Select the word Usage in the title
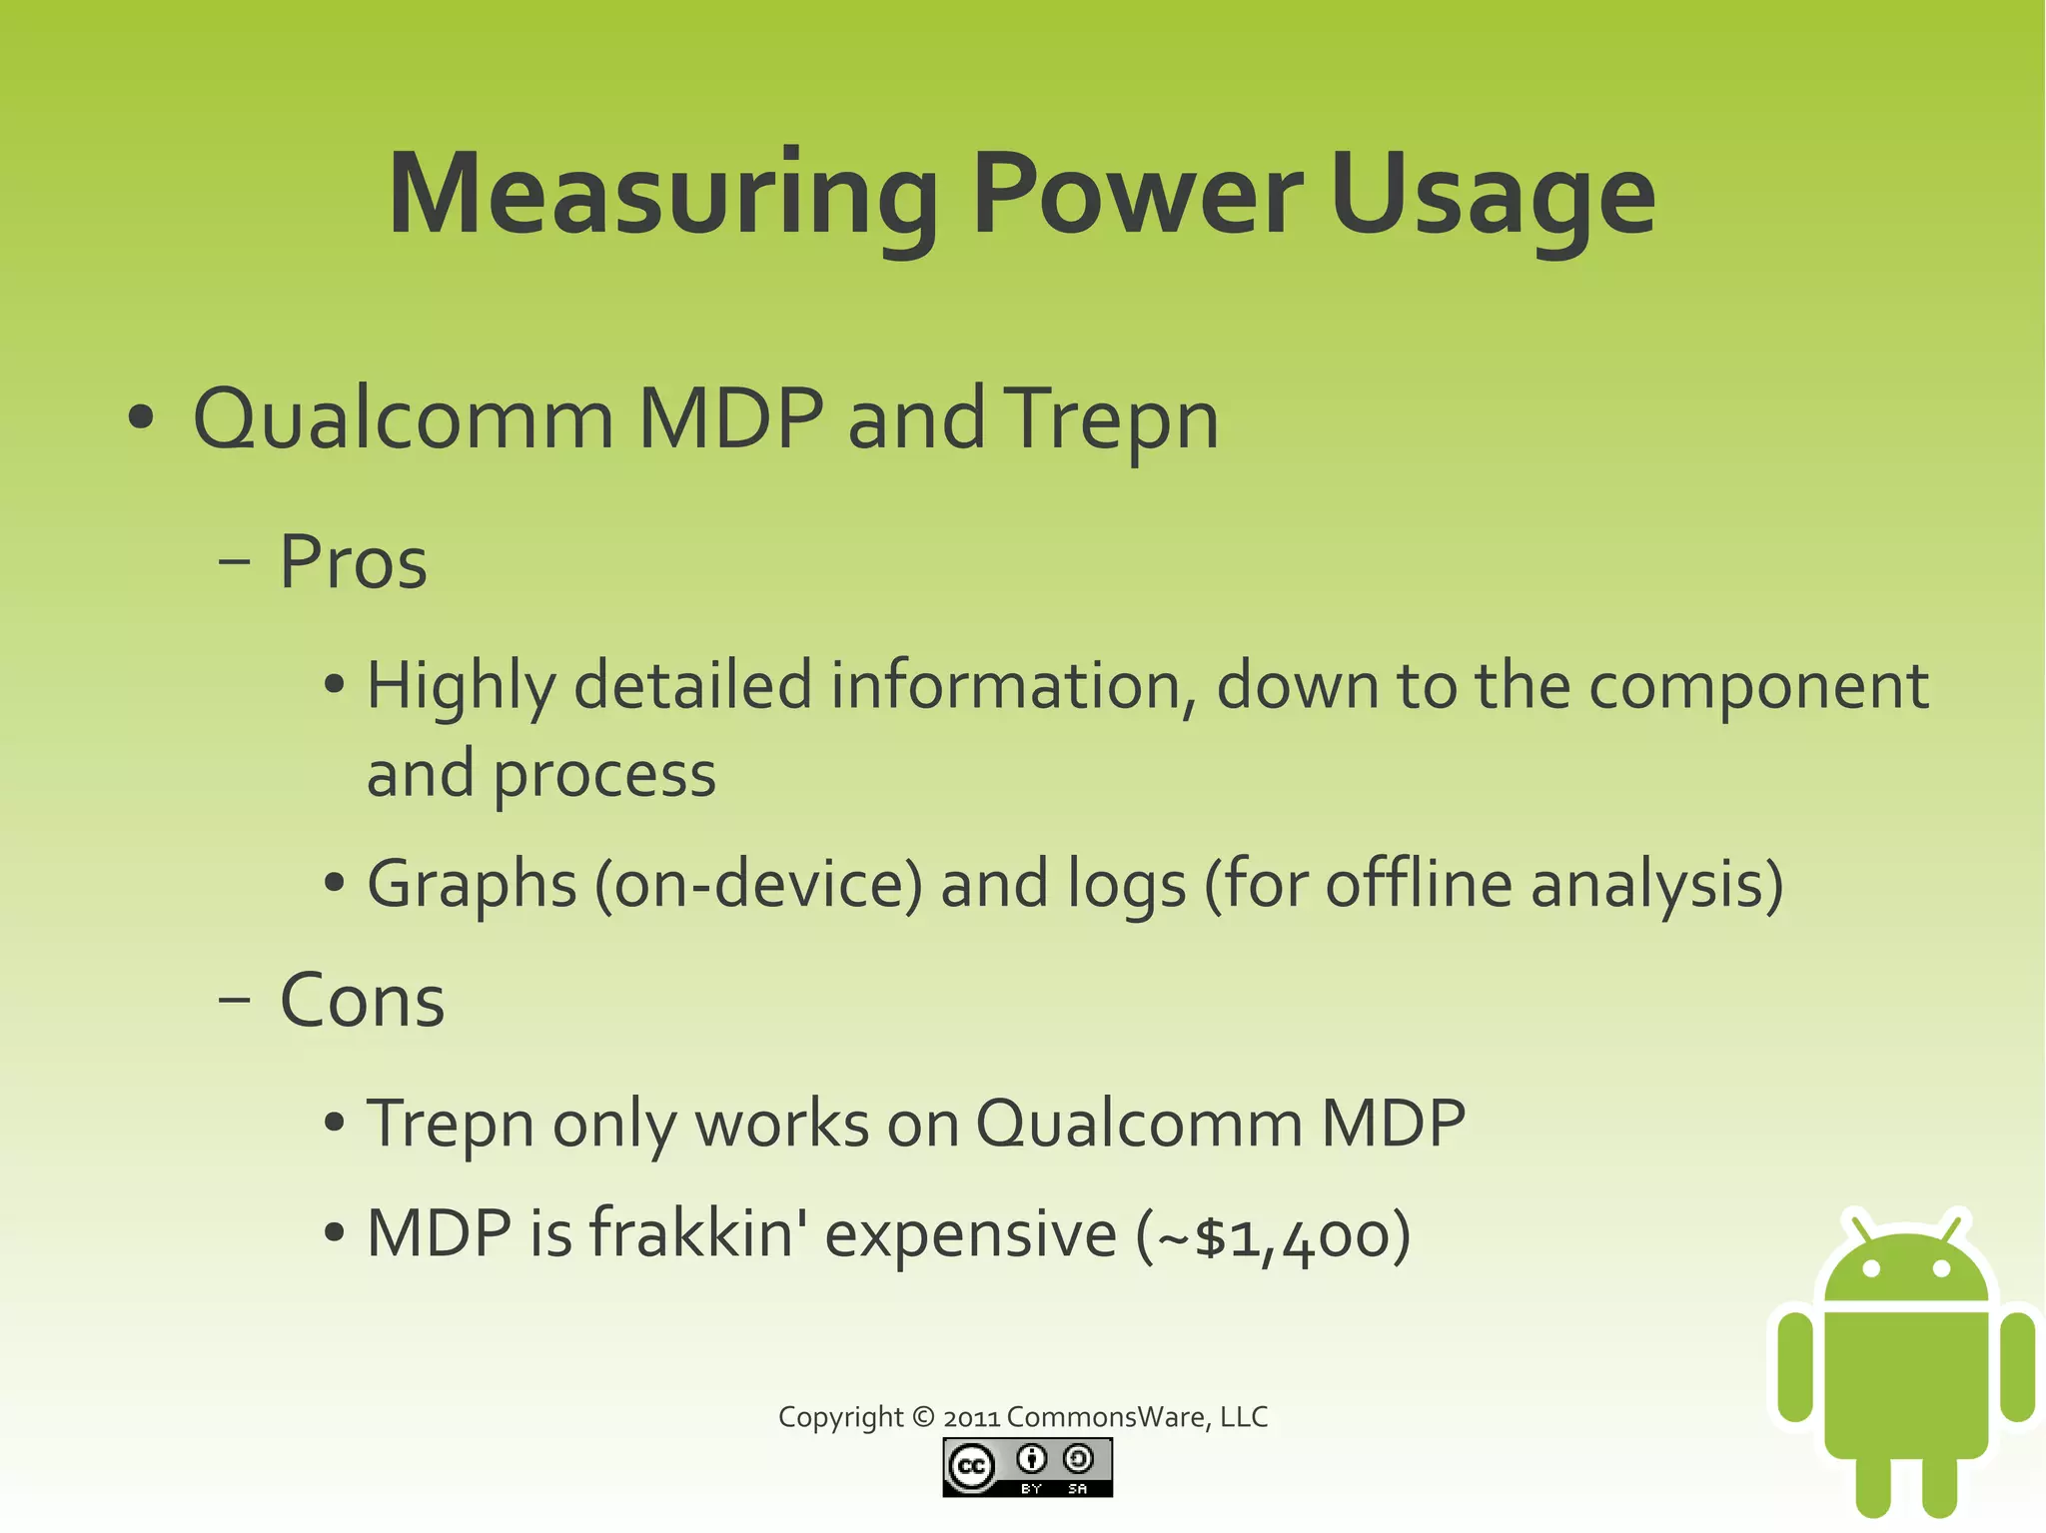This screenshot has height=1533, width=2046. click(1493, 195)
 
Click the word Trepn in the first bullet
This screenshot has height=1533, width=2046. click(1111, 419)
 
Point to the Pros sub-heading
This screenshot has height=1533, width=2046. click(353, 562)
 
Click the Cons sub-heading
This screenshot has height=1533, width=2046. click(362, 1001)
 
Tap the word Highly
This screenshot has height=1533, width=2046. click(461, 687)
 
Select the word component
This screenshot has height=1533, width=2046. click(1758, 687)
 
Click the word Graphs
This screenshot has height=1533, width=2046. click(472, 885)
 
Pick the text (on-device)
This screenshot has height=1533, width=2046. click(759, 885)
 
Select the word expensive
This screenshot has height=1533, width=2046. click(971, 1234)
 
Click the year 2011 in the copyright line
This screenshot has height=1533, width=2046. click(971, 1417)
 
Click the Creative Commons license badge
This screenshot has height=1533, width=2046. click(1027, 1467)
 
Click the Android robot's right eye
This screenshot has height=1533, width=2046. click(1942, 1269)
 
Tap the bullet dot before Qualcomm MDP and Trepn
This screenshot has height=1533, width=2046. click(141, 419)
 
